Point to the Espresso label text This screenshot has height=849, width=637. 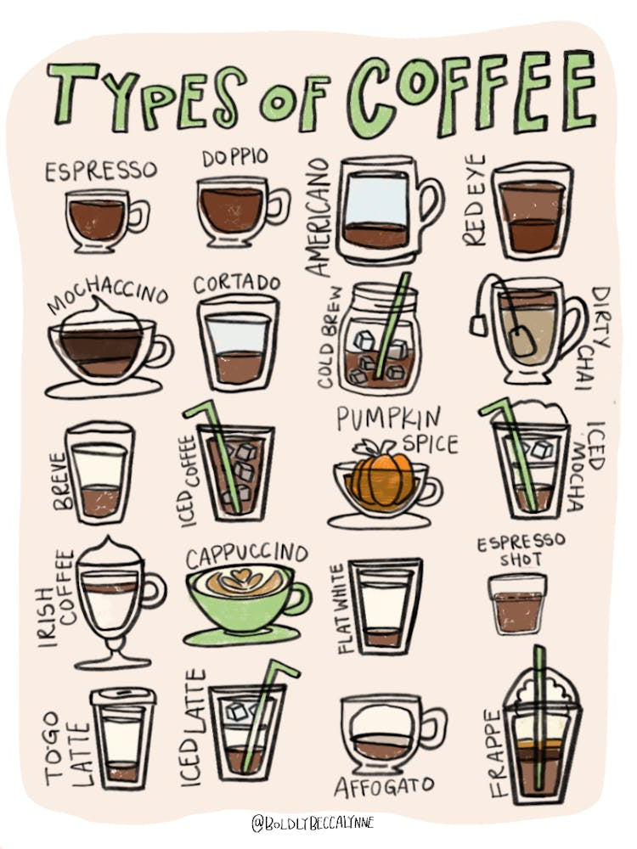[x=101, y=171]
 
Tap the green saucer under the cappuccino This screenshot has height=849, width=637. [x=242, y=636]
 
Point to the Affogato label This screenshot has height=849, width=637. [x=384, y=786]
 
